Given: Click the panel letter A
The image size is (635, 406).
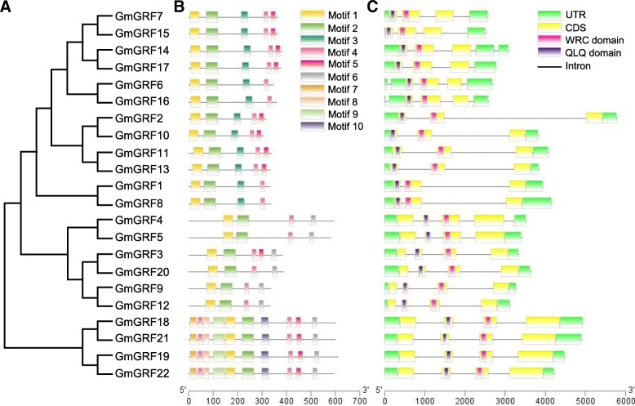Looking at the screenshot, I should tap(7, 7).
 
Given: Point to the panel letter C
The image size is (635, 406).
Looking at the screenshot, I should tap(373, 7).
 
